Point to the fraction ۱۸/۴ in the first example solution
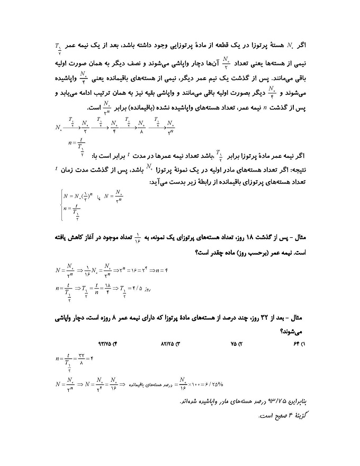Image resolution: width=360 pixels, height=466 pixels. click(107, 290)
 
